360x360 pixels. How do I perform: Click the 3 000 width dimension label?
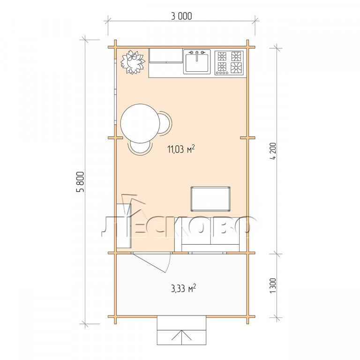click(x=181, y=16)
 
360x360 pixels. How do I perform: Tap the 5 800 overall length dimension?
click(x=81, y=181)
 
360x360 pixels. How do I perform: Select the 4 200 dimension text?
click(x=274, y=152)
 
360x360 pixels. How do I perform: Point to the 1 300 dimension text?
click(x=273, y=285)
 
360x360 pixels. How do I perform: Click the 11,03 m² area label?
click(x=181, y=149)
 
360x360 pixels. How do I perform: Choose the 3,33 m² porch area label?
click(x=183, y=289)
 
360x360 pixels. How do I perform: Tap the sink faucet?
click(x=197, y=55)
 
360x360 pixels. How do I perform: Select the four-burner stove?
click(x=229, y=63)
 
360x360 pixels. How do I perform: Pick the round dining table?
click(x=140, y=123)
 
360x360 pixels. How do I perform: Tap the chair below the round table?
click(x=140, y=148)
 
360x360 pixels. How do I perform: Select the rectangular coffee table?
click(x=210, y=199)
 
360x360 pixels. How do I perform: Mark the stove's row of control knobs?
click(x=222, y=73)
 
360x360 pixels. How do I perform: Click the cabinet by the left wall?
click(x=124, y=225)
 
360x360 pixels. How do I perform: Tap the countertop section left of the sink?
click(x=166, y=56)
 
